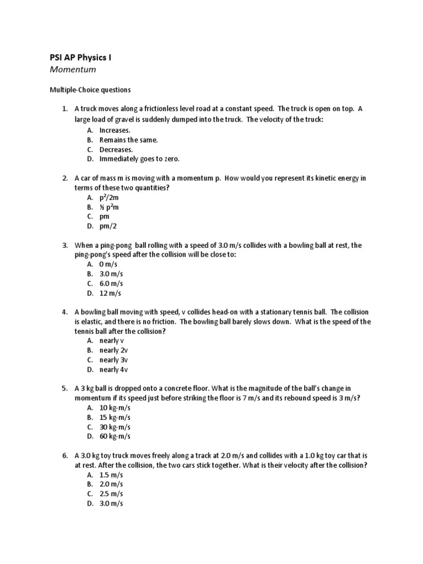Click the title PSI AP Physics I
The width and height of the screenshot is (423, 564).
[80, 56]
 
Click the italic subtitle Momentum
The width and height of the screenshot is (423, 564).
[73, 69]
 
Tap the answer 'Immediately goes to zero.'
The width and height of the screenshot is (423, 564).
[139, 159]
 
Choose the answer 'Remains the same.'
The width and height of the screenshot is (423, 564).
[128, 140]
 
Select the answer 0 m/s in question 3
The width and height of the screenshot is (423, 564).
[109, 264]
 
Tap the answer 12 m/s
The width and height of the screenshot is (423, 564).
[110, 293]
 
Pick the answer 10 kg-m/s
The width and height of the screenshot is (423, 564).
[115, 408]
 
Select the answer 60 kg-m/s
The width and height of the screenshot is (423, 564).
[115, 437]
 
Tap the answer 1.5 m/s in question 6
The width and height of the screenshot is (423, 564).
[111, 475]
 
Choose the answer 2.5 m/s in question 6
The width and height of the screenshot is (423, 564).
[111, 494]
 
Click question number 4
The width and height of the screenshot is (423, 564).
[64, 312]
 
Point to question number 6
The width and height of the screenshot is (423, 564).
[64, 455]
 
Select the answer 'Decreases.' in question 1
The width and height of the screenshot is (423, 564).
[116, 149]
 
